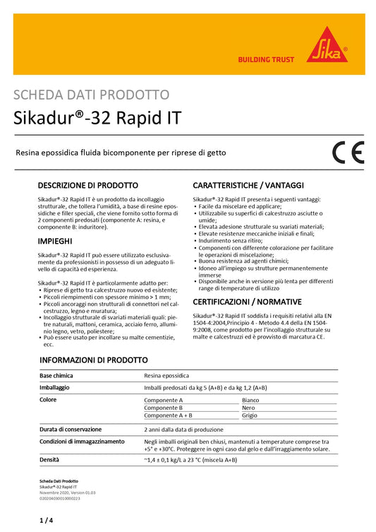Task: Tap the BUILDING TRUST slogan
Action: (x=266, y=59)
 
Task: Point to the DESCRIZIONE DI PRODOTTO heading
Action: (x=87, y=185)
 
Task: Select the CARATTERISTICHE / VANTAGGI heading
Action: (x=248, y=185)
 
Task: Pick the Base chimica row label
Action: (x=56, y=376)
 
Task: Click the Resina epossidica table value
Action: (x=166, y=376)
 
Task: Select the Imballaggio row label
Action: (x=57, y=388)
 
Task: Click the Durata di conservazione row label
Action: (x=71, y=429)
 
